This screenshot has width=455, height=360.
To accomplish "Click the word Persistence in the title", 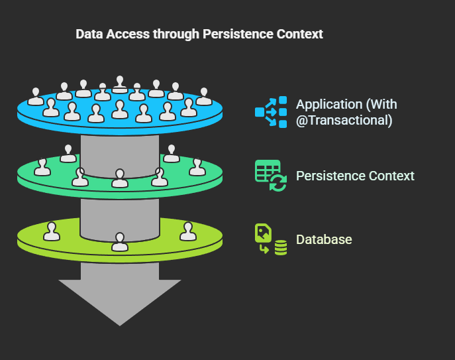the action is tap(238, 34).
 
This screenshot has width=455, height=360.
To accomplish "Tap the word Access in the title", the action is tap(128, 34).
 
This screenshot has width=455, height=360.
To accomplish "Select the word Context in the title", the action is tap(299, 34).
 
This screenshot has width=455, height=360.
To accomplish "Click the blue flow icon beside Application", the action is tap(271, 112).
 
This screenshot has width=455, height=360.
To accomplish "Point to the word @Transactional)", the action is tap(344, 120).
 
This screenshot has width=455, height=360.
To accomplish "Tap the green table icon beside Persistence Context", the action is tap(268, 171).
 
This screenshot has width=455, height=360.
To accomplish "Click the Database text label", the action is tap(324, 239).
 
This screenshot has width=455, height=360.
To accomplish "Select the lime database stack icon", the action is tap(281, 247).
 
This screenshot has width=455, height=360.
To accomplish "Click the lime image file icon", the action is tap(263, 233).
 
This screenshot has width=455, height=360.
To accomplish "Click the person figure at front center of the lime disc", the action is tap(120, 242).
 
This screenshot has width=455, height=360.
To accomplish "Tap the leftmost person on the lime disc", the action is tap(52, 231).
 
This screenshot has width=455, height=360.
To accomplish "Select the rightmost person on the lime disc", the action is tap(188, 231).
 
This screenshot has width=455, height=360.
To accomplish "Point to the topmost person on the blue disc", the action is tap(120, 85).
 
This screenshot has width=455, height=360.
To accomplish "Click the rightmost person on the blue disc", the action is tap(204, 96).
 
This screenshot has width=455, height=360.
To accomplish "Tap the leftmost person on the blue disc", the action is tap(36, 96).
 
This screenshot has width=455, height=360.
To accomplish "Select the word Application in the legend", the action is tap(329, 105).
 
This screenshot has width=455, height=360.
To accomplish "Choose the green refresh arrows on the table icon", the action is tap(278, 183).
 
